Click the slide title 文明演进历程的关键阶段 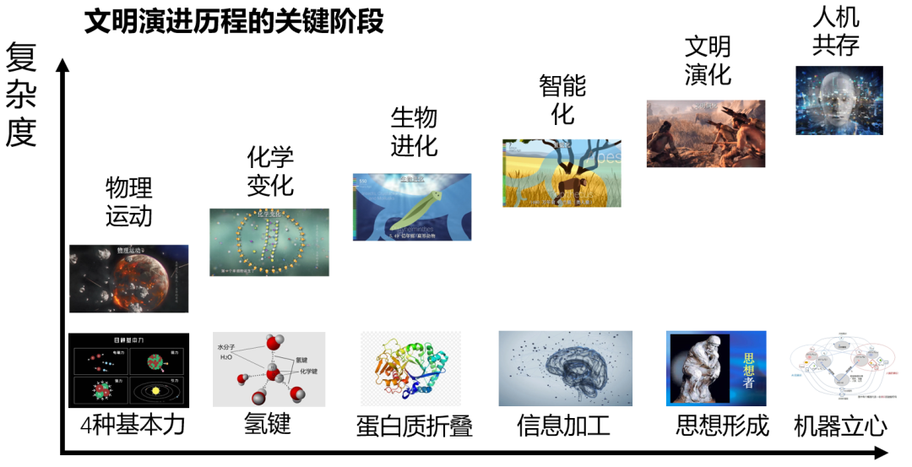234,21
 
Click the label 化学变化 270,171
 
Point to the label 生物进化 414,132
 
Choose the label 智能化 562,100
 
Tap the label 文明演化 707,60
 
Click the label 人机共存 836,31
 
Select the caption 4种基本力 133,425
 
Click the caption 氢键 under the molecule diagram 268,422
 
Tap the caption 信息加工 563,425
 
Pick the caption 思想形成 722,425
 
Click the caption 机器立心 840,426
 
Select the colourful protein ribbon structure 410,368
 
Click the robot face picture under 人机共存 839,100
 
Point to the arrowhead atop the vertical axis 62,64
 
